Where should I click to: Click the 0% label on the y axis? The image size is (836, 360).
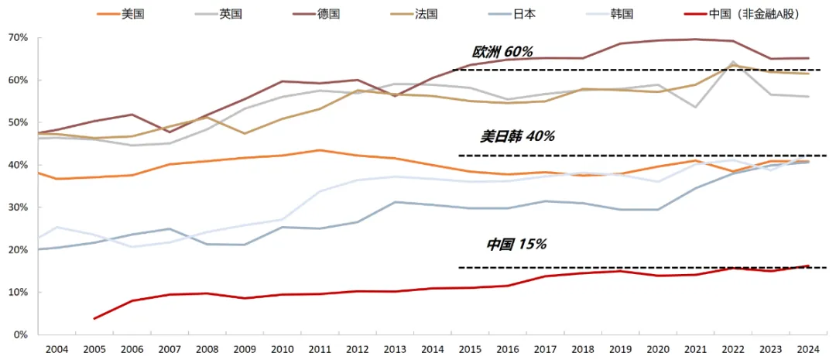click(x=20, y=335)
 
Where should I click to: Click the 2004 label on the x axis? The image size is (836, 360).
click(x=57, y=350)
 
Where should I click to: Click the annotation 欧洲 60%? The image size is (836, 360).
click(x=502, y=52)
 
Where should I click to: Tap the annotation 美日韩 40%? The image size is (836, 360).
click(x=517, y=136)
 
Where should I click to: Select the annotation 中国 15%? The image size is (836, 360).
click(x=516, y=245)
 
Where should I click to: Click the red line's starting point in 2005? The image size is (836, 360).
click(x=94, y=318)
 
